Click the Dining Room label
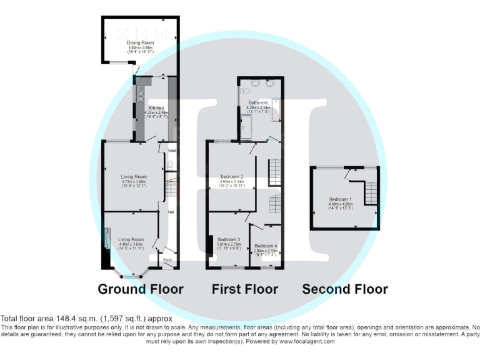click(x=140, y=42)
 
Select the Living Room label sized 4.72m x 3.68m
click(x=133, y=177)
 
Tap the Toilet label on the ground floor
click(x=171, y=151)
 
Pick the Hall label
click(x=170, y=212)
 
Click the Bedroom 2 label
click(x=231, y=177)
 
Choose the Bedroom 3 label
click(x=228, y=239)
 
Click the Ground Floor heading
click(x=140, y=289)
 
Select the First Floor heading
click(x=244, y=289)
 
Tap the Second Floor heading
click(x=344, y=289)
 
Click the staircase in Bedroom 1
click(x=370, y=192)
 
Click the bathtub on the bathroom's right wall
click(x=276, y=109)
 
